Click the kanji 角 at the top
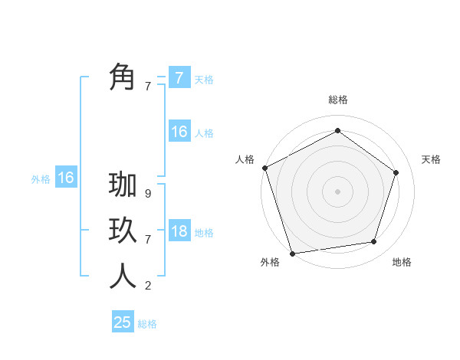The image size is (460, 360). pyautogui.click(x=123, y=77)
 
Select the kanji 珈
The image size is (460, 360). pyautogui.click(x=123, y=185)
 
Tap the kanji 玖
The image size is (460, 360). pyautogui.click(x=123, y=231)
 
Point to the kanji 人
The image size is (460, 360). pyautogui.click(x=123, y=277)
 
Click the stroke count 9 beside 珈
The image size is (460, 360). pyautogui.click(x=148, y=194)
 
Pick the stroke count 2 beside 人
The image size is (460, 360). pyautogui.click(x=148, y=286)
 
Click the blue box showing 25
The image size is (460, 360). pyautogui.click(x=123, y=322)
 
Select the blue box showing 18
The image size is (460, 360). pyautogui.click(x=179, y=231)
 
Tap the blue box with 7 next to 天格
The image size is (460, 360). pyautogui.click(x=179, y=77)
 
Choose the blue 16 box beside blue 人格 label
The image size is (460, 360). pyautogui.click(x=179, y=132)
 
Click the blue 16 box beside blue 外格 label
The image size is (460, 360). pyautogui.click(x=66, y=178)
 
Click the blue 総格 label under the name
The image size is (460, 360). pyautogui.click(x=147, y=324)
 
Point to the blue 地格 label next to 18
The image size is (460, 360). pyautogui.click(x=204, y=233)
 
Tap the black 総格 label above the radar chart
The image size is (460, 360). pyautogui.click(x=337, y=100)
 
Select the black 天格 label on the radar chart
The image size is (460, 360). pyautogui.click(x=431, y=159)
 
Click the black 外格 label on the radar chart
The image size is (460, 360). pyautogui.click(x=270, y=263)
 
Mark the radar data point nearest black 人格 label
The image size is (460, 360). pyautogui.click(x=264, y=168)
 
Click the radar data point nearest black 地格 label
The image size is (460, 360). pyautogui.click(x=374, y=242)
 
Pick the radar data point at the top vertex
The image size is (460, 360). pyautogui.click(x=337, y=131)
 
